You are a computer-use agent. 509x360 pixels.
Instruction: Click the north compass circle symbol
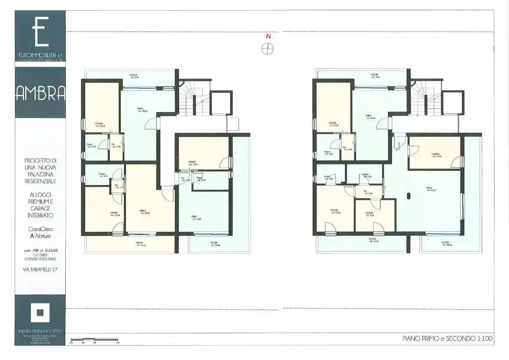click(268, 49)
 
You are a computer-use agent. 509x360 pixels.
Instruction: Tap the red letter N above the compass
click(268, 36)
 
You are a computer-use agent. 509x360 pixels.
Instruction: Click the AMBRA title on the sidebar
click(40, 93)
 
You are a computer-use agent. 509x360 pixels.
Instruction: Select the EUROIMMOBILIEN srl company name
click(40, 55)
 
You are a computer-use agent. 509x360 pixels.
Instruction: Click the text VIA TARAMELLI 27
click(39, 269)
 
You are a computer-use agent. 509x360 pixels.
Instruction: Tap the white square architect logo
click(40, 312)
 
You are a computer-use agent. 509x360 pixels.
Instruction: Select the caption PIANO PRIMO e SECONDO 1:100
click(447, 339)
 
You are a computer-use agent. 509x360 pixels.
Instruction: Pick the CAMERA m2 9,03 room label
click(369, 214)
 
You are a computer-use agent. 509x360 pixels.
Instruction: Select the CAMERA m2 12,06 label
click(114, 214)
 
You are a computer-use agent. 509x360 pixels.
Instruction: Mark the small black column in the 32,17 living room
click(408, 196)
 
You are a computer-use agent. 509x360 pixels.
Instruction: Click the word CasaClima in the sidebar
click(40, 229)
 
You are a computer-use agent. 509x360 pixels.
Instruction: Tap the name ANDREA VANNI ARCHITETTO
click(40, 331)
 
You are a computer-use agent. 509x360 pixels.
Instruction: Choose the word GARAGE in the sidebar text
click(40, 208)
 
